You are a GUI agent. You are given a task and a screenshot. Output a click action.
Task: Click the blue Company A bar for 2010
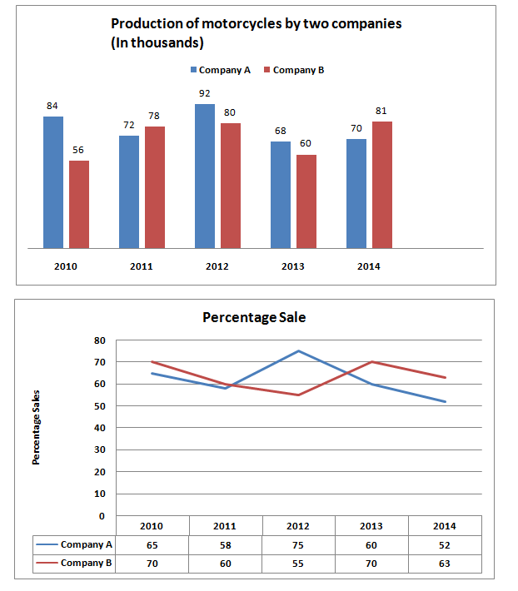[x=53, y=182]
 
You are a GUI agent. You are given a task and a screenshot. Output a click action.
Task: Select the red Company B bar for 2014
[x=382, y=185]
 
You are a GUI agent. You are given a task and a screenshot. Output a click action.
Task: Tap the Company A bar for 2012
[x=205, y=176]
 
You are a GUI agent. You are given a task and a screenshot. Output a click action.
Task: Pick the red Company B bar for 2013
[x=306, y=201]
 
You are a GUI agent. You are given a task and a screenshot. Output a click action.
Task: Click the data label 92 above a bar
[x=205, y=96]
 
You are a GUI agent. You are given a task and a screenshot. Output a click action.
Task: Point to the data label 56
[x=78, y=151]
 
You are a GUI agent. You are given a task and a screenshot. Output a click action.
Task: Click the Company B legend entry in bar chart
[x=293, y=70]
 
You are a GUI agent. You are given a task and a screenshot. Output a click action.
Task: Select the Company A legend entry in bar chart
[x=221, y=70]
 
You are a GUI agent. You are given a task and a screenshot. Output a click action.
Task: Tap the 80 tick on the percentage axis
[x=99, y=340]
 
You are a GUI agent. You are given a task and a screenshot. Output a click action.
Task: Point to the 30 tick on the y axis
[x=99, y=450]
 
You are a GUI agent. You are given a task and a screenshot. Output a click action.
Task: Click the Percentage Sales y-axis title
[x=37, y=428]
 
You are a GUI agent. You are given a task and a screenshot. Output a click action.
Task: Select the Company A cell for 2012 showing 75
[x=299, y=544]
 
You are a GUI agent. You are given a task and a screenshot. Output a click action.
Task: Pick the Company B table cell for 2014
[x=445, y=564]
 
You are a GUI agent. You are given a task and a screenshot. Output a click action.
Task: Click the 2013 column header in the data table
[x=372, y=526]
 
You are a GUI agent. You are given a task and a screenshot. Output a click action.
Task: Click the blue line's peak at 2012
[x=299, y=351]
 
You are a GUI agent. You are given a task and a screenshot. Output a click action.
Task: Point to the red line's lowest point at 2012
[x=299, y=395]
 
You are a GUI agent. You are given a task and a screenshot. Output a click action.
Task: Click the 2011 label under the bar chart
[x=142, y=267]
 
